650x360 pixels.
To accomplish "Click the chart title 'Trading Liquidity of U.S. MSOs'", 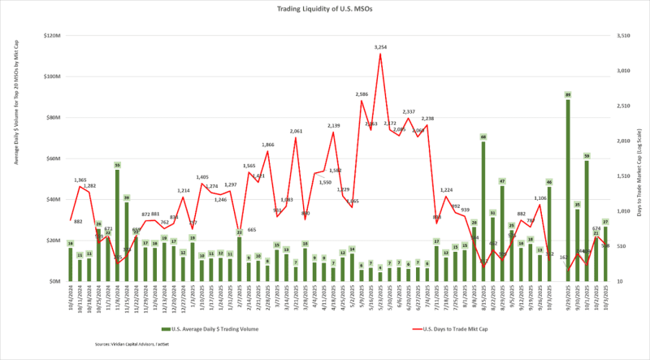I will (x=324, y=9).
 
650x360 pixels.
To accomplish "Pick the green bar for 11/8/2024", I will (x=118, y=224).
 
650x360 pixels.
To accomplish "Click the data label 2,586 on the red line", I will (x=362, y=94).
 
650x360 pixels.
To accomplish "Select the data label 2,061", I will (x=297, y=131).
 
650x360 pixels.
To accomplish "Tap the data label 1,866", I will (x=268, y=145).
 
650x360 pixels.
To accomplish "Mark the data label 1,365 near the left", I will (x=80, y=180).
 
